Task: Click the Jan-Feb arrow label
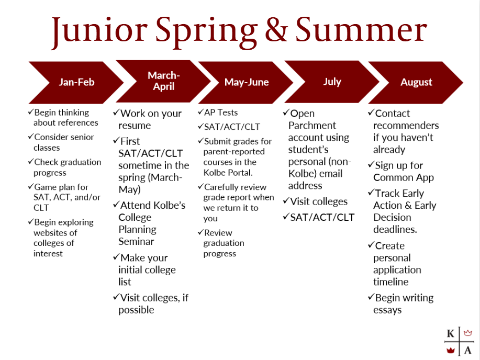point(76,82)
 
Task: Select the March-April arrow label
point(164,81)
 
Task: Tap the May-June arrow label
point(247,82)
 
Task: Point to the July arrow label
point(332,82)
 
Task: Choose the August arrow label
point(416,82)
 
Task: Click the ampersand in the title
point(276,29)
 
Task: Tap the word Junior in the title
point(99,30)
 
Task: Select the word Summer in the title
point(361,29)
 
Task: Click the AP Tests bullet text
point(221,113)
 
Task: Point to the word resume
point(135,126)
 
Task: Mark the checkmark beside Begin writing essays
point(371,297)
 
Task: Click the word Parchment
point(312,126)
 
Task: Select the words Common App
point(404,177)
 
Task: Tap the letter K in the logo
point(450,333)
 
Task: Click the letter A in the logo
point(468,350)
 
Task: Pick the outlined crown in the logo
point(468,333)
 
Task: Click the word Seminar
point(136,242)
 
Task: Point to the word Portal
point(241,173)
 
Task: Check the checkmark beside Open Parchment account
point(286,113)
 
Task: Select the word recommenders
point(406,126)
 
